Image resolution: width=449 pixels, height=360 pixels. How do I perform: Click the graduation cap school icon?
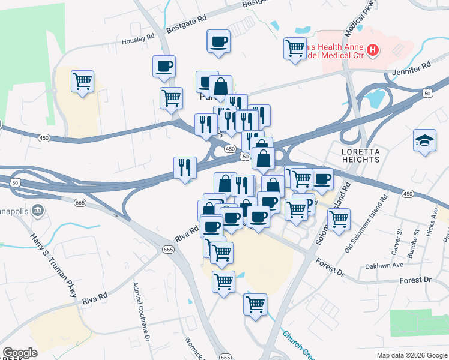coord(424,141)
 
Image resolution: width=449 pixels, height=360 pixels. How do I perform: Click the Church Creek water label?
coord(297,346)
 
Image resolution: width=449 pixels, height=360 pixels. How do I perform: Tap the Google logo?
coord(20,353)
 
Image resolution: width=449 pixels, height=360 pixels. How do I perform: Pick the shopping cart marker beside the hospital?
coord(295,47)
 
